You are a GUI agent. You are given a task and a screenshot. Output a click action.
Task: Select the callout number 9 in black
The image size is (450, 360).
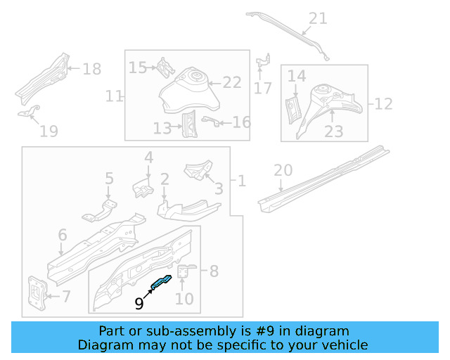pos(139,303)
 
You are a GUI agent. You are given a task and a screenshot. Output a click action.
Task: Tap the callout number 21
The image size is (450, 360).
pos(318,18)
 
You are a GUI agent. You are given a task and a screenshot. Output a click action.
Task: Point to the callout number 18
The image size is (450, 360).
pos(92,69)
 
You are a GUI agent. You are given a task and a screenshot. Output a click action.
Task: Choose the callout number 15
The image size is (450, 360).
pos(138,67)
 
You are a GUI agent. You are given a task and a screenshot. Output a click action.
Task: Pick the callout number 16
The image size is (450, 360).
pos(241,123)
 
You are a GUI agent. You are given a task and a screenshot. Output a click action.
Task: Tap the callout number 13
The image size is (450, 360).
pos(162,128)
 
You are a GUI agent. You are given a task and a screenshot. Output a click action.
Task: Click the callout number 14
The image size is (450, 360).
pos(297,76)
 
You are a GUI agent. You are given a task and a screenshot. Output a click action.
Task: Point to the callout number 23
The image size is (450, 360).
pos(334,131)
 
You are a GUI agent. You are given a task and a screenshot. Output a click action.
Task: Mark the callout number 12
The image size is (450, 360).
pos(383,104)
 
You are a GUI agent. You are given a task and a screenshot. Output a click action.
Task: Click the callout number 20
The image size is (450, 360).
pos(282,169)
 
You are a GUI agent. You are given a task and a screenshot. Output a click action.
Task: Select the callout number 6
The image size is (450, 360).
pos(62,235)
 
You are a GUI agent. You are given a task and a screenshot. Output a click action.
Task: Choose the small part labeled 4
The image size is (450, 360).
pos(143,188)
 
